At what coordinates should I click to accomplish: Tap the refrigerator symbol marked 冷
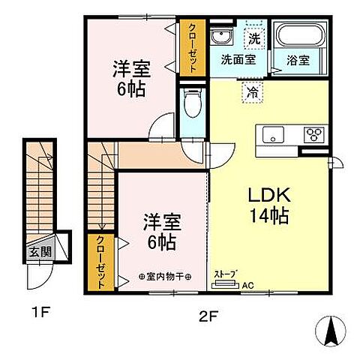(x=253, y=92)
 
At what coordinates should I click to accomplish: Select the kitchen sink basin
(x=271, y=134)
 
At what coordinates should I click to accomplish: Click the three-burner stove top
(x=313, y=134)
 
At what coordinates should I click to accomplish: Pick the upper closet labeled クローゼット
(x=190, y=46)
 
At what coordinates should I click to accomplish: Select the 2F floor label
(x=208, y=317)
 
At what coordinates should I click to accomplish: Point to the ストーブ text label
(x=225, y=274)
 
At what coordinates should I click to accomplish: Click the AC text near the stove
(x=247, y=286)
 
